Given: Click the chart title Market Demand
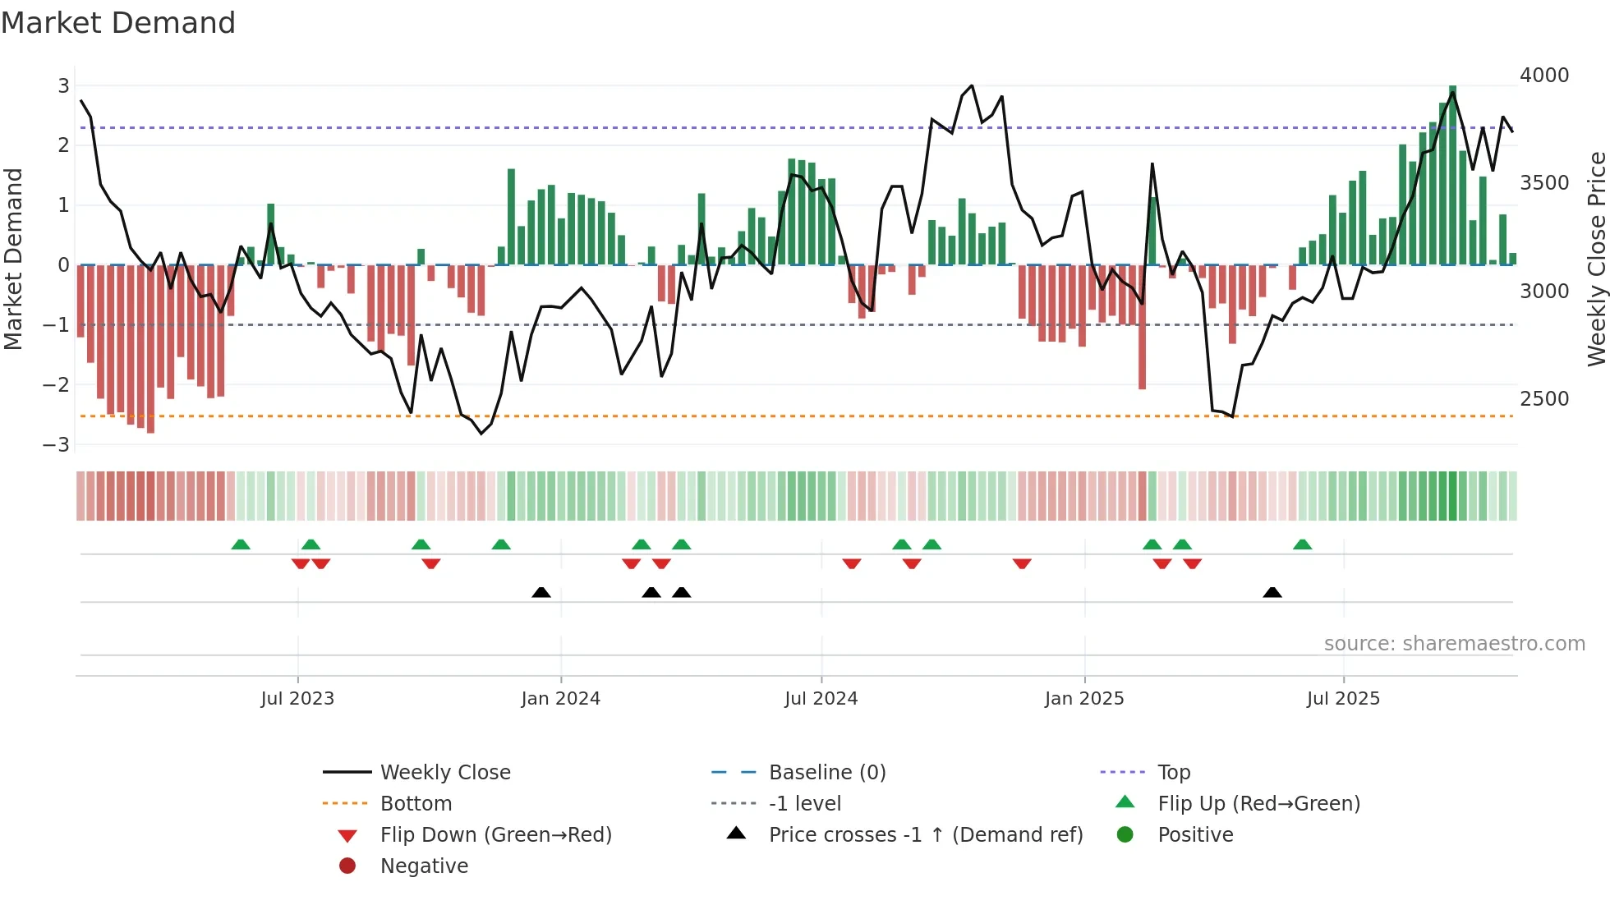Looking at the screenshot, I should tap(118, 23).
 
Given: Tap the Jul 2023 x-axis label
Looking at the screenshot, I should tap(297, 699).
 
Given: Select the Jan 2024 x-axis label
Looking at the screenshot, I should tap(560, 699).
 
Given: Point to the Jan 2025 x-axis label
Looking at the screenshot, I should tap(1083, 699).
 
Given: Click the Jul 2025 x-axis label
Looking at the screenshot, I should tap(1343, 699).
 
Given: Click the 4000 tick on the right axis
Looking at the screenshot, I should tap(1544, 76).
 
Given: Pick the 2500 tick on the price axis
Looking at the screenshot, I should tap(1544, 399).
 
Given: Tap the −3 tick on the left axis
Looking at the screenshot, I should tap(57, 445).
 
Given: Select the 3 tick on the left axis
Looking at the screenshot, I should tap(63, 86).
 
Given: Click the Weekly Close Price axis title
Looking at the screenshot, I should tap(1596, 259).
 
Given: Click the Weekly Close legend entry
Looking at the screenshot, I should tap(444, 773).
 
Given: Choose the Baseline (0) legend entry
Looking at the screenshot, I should tap(826, 773).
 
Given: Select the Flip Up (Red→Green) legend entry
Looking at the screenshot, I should tap(1258, 804).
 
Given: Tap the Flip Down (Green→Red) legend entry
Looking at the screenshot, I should tap(495, 835).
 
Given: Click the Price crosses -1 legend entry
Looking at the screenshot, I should tap(925, 835).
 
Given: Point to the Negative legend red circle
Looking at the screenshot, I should tap(347, 866).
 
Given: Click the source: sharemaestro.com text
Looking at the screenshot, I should tap(1454, 644).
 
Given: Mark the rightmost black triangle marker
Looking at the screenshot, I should tap(1272, 592).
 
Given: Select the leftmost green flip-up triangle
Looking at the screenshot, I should tap(241, 544).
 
